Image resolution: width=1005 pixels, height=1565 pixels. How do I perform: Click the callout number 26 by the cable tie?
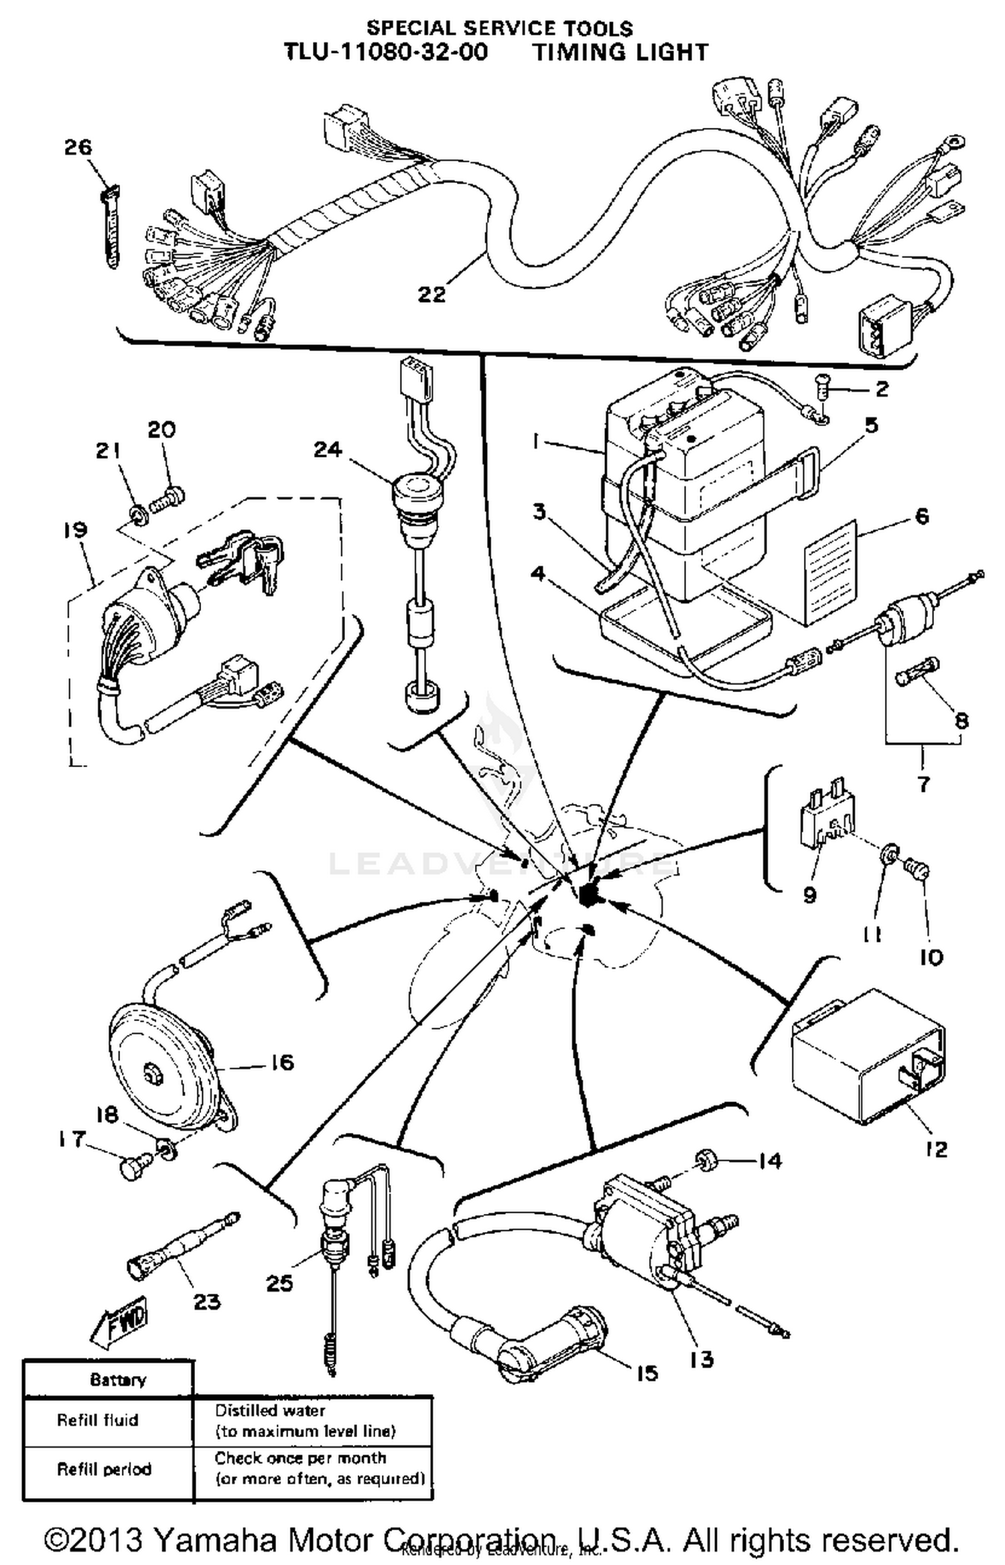coord(78,147)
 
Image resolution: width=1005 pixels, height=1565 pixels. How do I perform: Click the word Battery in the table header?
coord(117,1379)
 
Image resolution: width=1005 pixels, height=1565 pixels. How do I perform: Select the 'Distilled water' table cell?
coord(270,1410)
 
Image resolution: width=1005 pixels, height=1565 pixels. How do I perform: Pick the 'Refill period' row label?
coord(104,1469)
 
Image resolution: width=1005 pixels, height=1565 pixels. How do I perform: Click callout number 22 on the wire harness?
coord(431,293)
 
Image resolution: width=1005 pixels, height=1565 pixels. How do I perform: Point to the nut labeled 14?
coord(705,1159)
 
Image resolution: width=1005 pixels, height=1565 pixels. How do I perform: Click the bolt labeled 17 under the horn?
coord(131,1169)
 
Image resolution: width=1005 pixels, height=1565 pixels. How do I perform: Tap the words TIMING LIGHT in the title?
coord(620,52)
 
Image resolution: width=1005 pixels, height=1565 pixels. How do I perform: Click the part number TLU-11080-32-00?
coord(387,52)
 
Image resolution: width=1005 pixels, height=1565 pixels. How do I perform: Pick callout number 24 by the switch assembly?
coord(328,450)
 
